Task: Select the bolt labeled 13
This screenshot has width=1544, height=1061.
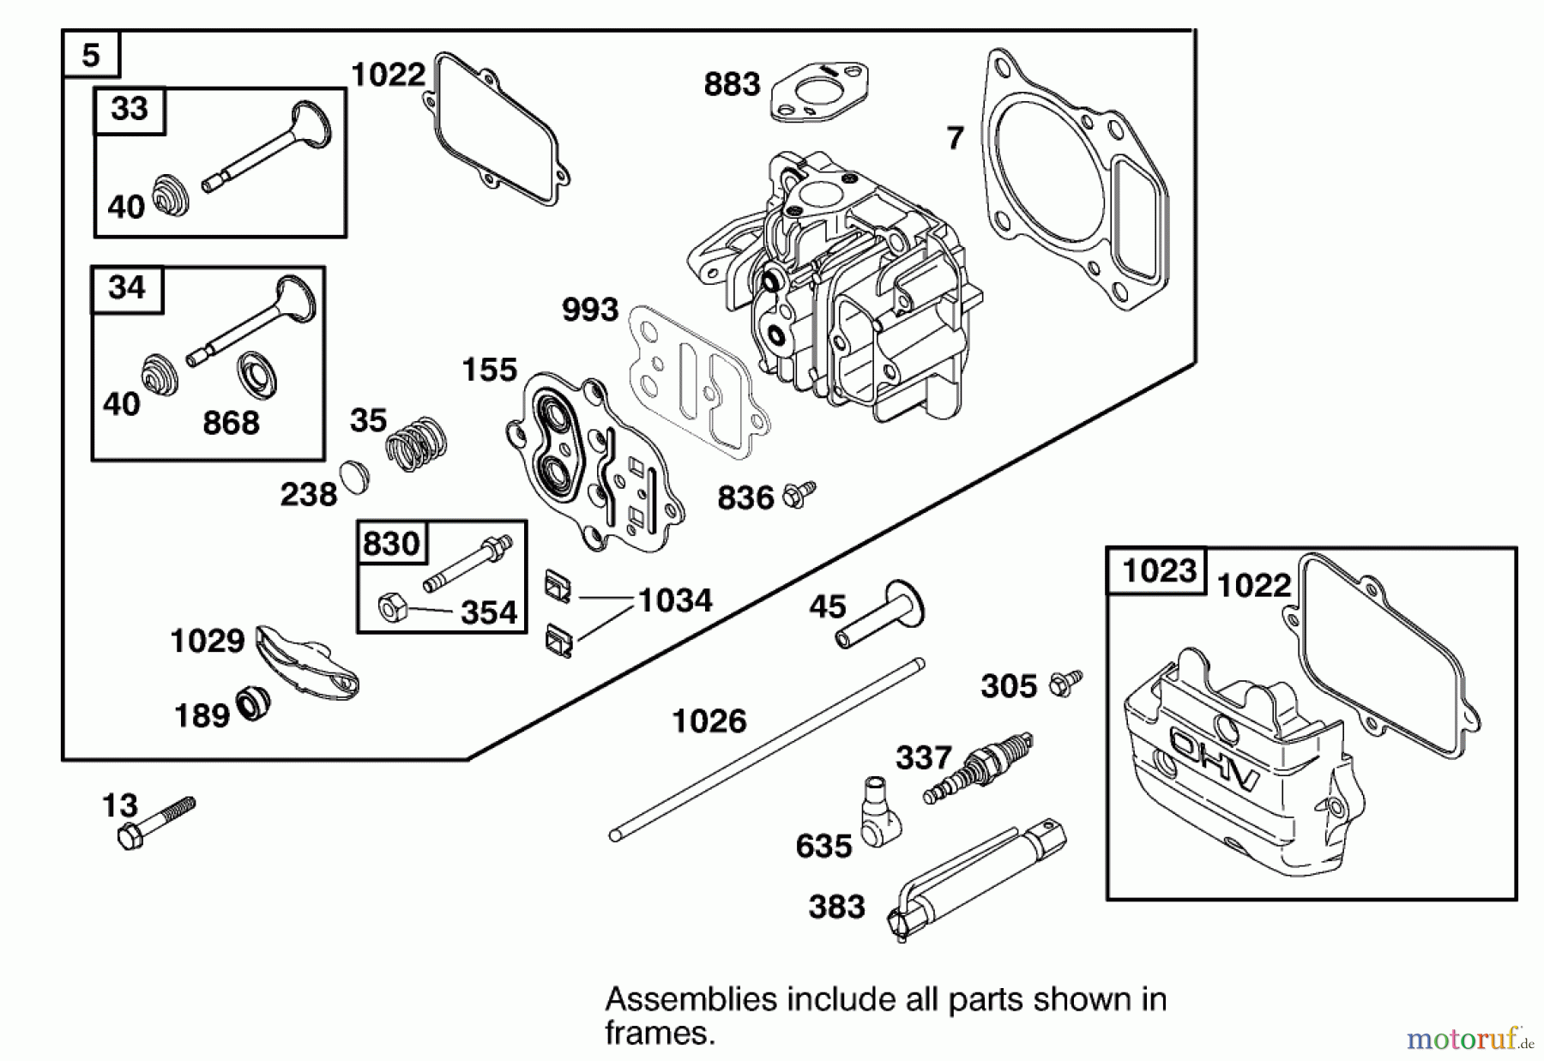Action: coord(157,821)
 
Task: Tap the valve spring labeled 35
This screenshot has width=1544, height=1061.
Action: coord(416,442)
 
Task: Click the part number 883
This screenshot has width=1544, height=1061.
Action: coord(732,84)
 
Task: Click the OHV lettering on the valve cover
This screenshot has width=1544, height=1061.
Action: coord(1214,758)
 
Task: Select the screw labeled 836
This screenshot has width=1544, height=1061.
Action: coord(799,494)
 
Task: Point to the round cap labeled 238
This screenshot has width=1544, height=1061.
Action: coord(353,476)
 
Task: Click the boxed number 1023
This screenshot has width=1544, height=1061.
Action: coord(1159,570)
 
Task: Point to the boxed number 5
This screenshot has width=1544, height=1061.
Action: coord(91,56)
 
